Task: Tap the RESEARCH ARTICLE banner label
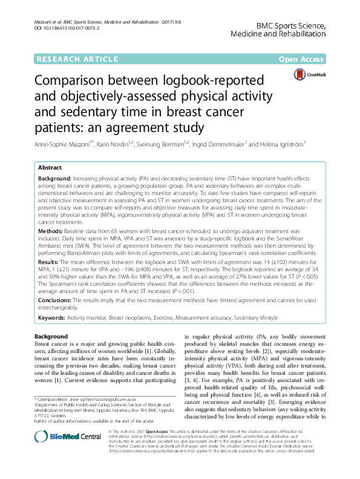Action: click(x=77, y=59)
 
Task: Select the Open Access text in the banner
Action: click(x=303, y=59)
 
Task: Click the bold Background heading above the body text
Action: click(x=51, y=336)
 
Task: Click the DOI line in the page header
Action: click(x=65, y=28)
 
